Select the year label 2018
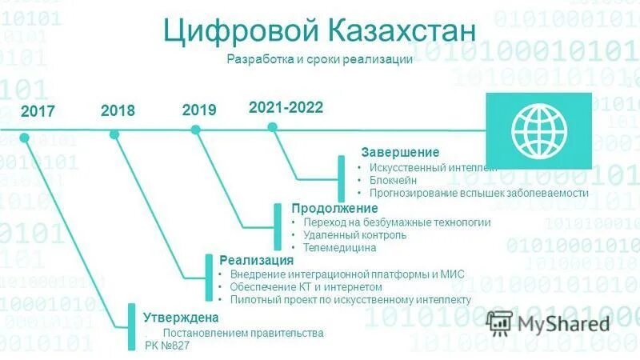point(118,110)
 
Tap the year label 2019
point(199,110)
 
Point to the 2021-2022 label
point(286,107)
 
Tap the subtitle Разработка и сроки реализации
point(319,60)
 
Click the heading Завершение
point(400,152)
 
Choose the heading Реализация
point(256,261)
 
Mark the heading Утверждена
point(176,318)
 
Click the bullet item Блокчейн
point(393,180)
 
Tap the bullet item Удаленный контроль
point(355,235)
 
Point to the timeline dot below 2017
point(25,137)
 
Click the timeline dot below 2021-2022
point(272,126)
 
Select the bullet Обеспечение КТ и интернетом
point(306,286)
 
